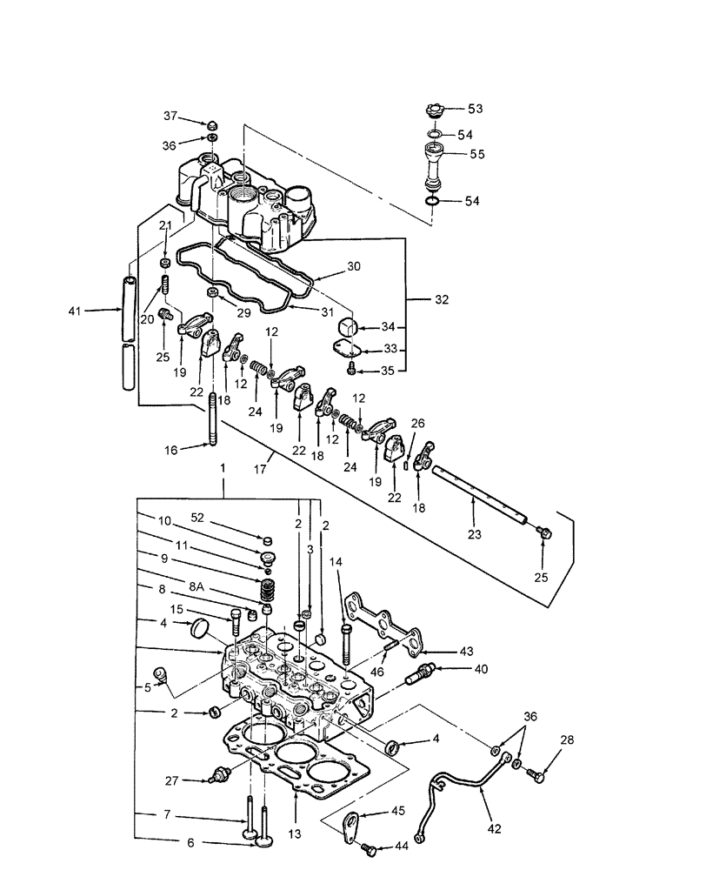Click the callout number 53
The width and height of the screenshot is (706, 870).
tap(476, 109)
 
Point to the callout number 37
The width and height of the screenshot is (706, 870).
tap(169, 117)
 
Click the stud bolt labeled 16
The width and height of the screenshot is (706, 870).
tap(213, 420)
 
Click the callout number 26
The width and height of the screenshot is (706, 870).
tap(416, 424)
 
